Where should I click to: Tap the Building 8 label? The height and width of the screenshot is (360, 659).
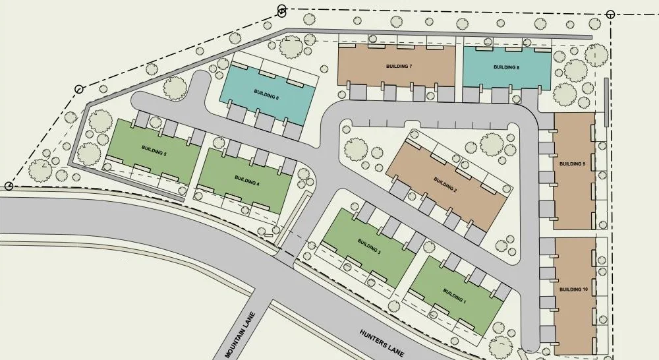(x=507, y=67)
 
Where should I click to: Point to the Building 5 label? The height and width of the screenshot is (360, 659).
(x=154, y=152)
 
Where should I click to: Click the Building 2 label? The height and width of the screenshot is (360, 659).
(x=445, y=181)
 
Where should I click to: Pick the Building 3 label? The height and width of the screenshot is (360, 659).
(x=370, y=243)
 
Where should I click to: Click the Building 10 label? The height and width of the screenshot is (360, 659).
(x=573, y=289)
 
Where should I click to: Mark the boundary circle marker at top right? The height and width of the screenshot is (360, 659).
(x=610, y=14)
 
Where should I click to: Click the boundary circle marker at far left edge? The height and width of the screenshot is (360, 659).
(x=8, y=186)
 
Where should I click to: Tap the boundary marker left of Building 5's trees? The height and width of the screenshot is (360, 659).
(x=79, y=89)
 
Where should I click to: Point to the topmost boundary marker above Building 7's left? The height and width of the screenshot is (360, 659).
(x=282, y=10)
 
